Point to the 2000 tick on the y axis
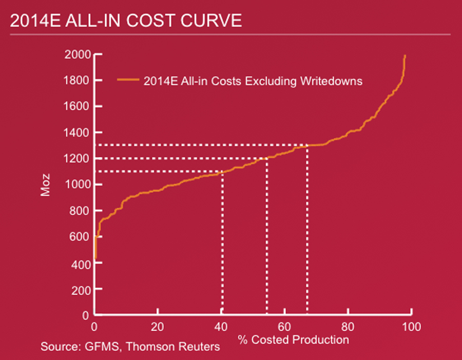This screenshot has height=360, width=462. [x=77, y=54]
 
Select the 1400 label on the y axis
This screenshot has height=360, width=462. [x=77, y=133]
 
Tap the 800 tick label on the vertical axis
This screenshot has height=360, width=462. [x=80, y=211]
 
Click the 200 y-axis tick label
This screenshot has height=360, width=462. [x=80, y=289]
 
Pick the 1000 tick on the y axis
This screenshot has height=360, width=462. [x=77, y=185]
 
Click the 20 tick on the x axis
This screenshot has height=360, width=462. [x=158, y=326]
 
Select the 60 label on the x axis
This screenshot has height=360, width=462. [x=285, y=326]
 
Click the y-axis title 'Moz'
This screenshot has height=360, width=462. [x=45, y=186]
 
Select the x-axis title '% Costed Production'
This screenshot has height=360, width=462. [x=293, y=339]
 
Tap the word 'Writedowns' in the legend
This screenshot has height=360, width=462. [x=336, y=81]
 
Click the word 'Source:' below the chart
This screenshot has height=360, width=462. [x=58, y=347]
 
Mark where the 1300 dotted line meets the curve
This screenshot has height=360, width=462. [x=307, y=146]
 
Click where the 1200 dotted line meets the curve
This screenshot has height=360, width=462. [x=266, y=158]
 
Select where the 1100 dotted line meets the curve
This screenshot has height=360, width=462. [x=222, y=172]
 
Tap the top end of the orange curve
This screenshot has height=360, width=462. [x=405, y=55]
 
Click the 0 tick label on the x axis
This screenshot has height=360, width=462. [x=94, y=326]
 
